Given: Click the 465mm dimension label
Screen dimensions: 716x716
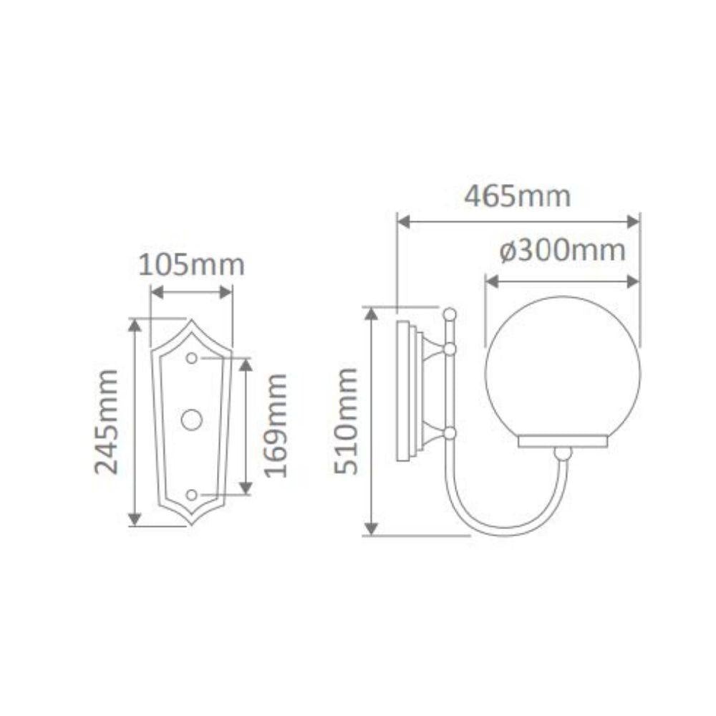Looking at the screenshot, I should point(518,196).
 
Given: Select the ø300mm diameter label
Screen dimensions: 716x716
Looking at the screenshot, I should point(562,251).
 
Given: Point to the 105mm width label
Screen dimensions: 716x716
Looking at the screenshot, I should point(191,265).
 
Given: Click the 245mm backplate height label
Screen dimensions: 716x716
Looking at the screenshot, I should point(107,422).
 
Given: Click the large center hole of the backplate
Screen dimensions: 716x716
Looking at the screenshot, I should point(191,420).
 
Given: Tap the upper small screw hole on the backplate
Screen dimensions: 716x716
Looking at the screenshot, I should point(191,357).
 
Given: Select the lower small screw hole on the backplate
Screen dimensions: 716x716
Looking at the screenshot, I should point(191,495).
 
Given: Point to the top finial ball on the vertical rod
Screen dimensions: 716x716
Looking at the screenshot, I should point(449,313).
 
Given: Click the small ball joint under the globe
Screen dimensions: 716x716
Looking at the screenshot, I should point(564,453).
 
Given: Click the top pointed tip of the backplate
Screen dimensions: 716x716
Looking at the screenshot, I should point(191,321).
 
